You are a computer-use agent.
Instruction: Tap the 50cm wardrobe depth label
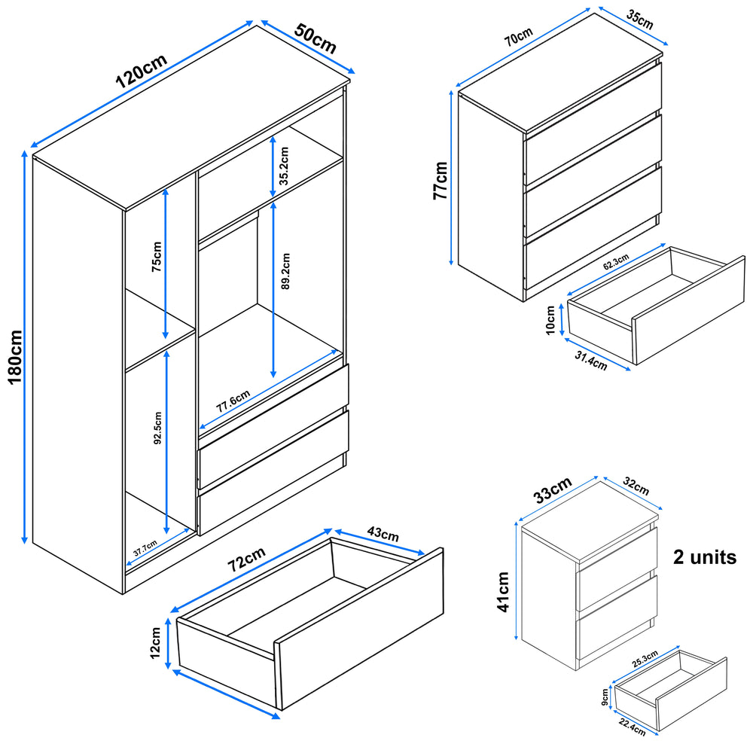pos(316,38)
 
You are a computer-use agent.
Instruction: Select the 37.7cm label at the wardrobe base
pos(145,547)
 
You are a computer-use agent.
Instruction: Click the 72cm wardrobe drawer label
pos(248,561)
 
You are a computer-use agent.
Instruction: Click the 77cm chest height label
pos(441,180)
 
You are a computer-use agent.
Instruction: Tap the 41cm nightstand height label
pos(503,592)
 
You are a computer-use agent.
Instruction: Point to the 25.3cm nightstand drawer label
pos(645,657)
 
